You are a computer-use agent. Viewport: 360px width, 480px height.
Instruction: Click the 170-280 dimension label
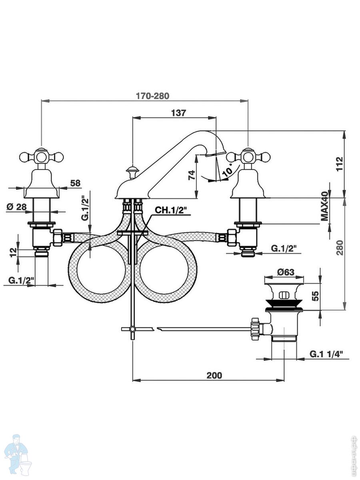(x=152, y=96)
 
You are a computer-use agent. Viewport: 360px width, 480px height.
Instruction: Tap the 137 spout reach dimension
(x=178, y=113)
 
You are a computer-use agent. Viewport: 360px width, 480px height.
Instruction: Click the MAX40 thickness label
(x=324, y=206)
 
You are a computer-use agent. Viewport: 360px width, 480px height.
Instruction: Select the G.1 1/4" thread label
(x=326, y=354)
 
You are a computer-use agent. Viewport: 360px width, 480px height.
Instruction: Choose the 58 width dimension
(x=75, y=183)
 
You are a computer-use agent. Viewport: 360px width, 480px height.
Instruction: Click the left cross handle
(x=42, y=157)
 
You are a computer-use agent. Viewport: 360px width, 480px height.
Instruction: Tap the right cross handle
(x=248, y=156)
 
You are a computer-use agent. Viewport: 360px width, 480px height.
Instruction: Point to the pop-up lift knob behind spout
(x=132, y=172)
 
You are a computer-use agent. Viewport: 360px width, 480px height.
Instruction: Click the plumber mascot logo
(x=16, y=454)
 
